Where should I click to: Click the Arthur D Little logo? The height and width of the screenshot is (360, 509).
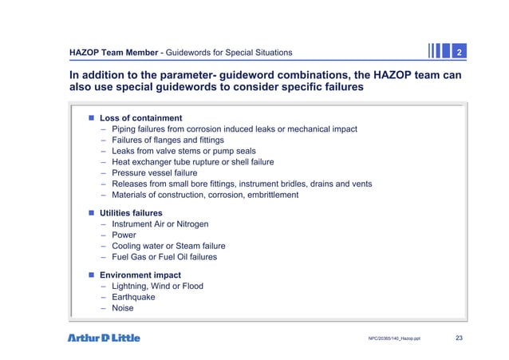[x=103, y=338]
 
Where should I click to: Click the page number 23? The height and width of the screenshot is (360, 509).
[x=459, y=338]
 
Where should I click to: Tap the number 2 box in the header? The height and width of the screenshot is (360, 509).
[x=460, y=53]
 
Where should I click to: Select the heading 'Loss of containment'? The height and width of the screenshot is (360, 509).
[x=140, y=118]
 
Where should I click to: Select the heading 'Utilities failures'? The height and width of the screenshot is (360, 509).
[x=131, y=214]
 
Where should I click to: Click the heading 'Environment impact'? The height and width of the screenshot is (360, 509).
[x=140, y=275]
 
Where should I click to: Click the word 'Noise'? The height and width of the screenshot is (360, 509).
[x=123, y=308]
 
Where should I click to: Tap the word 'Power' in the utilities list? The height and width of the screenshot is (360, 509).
[x=124, y=235]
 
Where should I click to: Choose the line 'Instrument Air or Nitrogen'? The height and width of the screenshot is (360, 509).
[x=164, y=225]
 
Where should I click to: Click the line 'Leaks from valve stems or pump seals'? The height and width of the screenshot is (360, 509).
[x=185, y=151]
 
